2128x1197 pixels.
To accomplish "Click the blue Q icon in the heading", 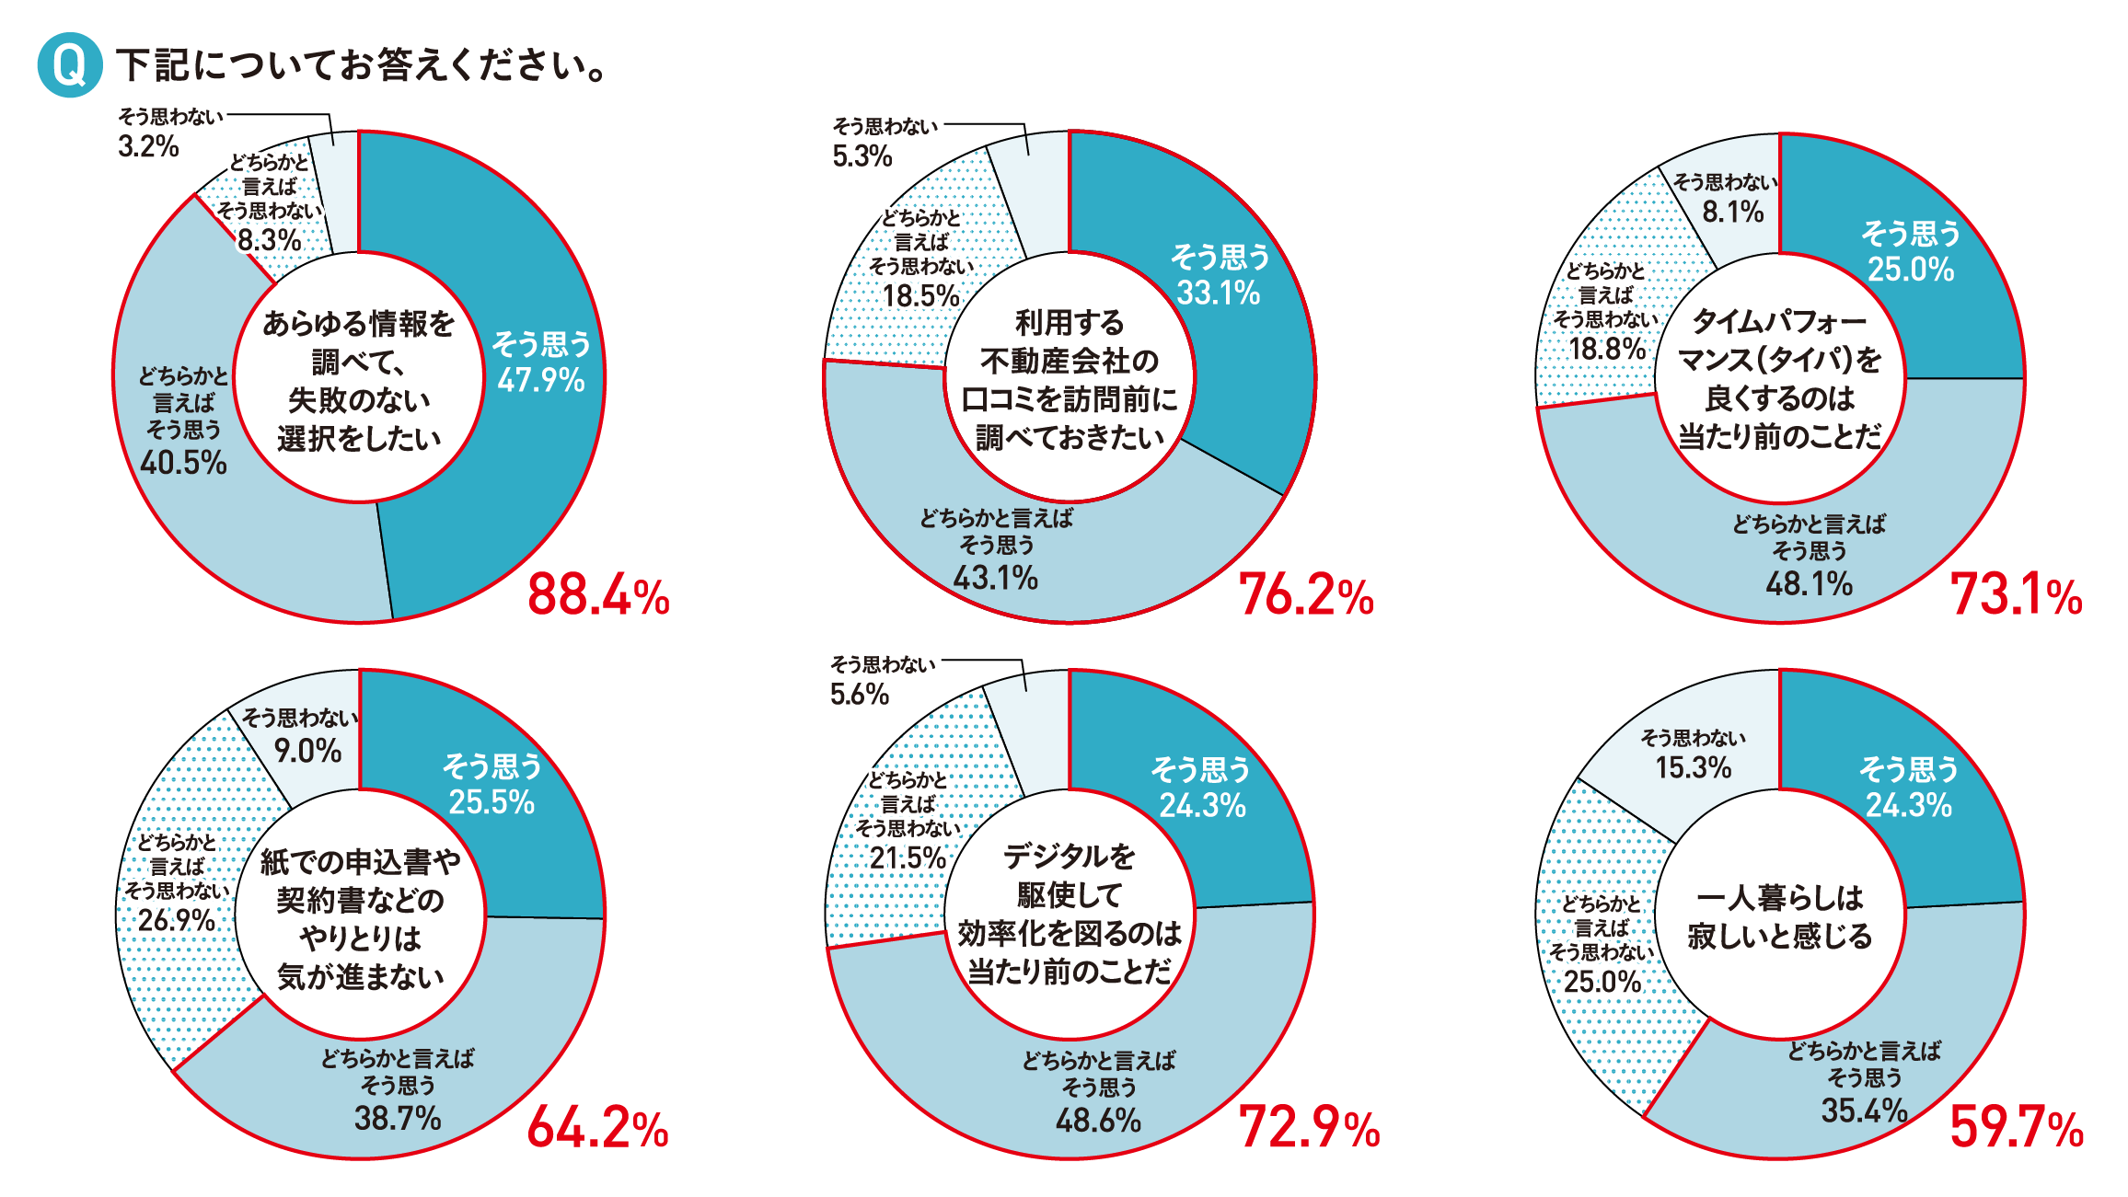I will coord(69,64).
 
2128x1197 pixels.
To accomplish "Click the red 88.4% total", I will coord(598,594).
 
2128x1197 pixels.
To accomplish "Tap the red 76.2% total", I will coord(1306,594).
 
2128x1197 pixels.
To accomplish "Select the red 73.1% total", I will coord(2016,594).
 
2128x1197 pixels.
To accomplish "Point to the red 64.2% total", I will coord(597,1127).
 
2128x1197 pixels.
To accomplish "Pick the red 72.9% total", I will coord(1309,1127).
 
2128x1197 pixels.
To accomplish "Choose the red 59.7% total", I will coord(2016,1127).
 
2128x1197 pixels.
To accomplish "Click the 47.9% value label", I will coord(541,380).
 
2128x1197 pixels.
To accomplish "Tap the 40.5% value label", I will coord(183,462).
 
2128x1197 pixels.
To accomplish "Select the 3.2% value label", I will coord(148,146).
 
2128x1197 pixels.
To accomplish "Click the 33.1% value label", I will coord(1219,293).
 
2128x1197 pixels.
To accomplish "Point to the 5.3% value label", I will coord(862,156).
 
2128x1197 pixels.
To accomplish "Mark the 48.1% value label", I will coord(1809,583).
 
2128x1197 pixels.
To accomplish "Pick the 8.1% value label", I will coord(1732,213).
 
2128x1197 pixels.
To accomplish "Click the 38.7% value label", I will coord(398,1118).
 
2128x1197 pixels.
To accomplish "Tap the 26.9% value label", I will coord(177,919).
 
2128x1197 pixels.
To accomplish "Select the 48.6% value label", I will coord(1098,1120).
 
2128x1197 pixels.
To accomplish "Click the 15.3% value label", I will coord(1693,767).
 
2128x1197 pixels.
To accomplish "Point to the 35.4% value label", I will coord(1864,1110).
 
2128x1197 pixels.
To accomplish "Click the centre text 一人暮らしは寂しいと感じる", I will coord(1779,916).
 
